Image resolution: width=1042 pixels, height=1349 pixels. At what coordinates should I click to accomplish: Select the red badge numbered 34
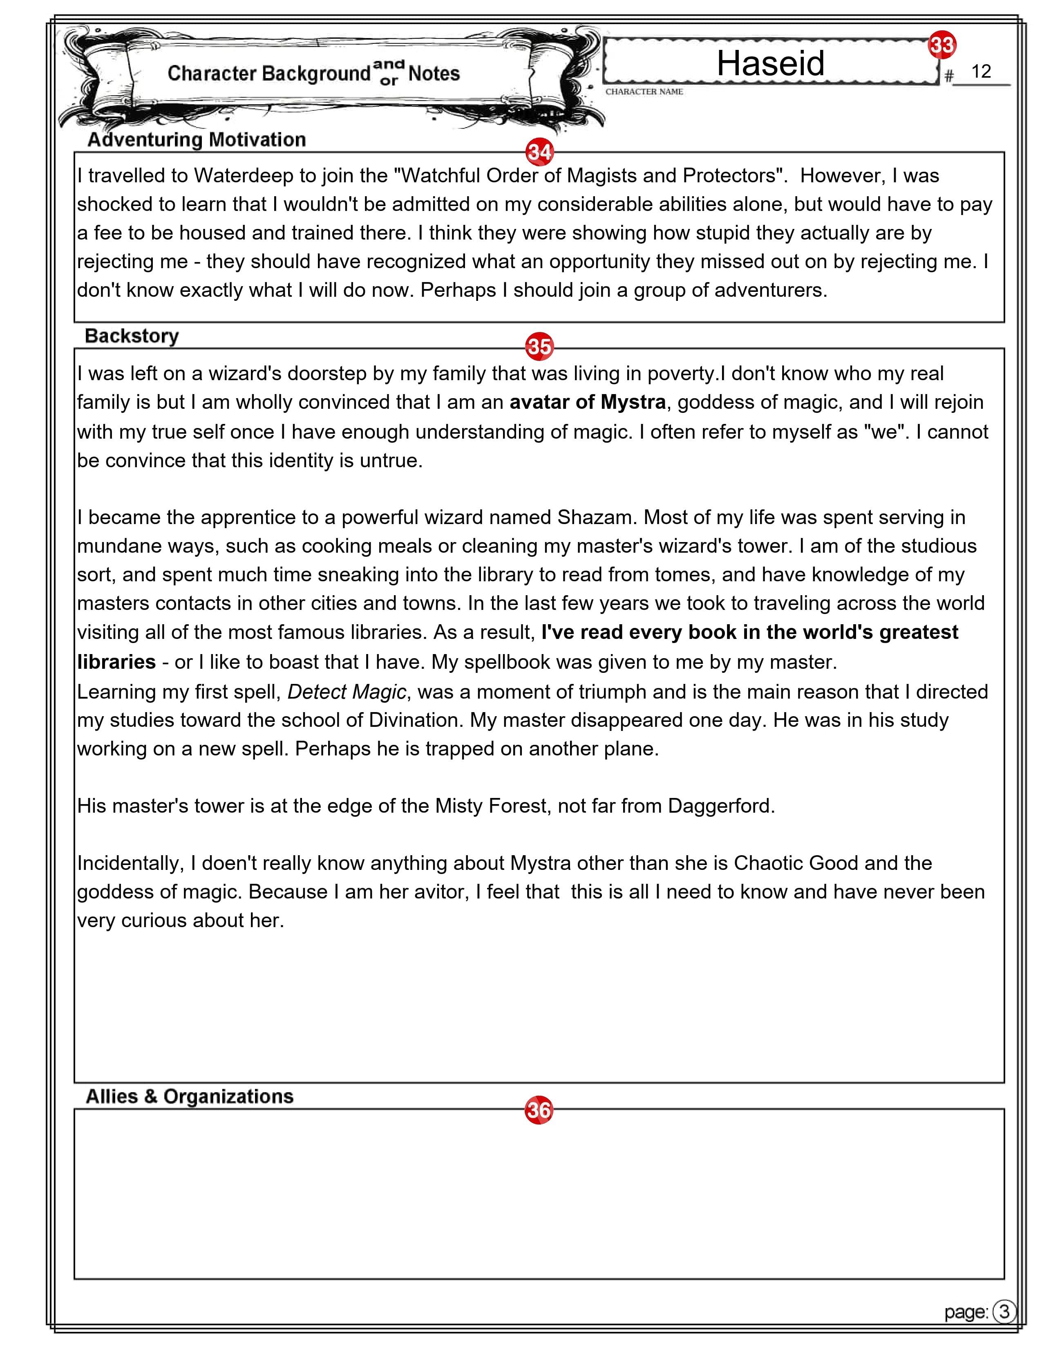click(x=539, y=152)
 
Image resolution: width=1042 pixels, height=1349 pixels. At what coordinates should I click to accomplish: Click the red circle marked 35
click(x=539, y=347)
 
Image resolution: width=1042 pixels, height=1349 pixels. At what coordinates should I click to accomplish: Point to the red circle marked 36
click(x=538, y=1110)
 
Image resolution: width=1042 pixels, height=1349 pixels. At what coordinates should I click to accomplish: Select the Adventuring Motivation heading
click(x=196, y=139)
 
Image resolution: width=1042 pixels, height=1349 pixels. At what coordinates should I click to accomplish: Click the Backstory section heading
click(x=132, y=336)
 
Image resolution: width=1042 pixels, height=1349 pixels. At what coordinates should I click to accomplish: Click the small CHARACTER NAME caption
click(x=644, y=92)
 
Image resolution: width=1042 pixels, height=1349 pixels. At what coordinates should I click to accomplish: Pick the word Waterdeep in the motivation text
click(x=244, y=176)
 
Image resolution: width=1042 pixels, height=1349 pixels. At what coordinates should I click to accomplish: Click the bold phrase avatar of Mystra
click(x=587, y=402)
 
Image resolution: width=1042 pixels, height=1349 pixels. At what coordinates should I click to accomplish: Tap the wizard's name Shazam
click(x=595, y=517)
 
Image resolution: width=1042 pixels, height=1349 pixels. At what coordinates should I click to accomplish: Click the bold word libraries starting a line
click(x=116, y=662)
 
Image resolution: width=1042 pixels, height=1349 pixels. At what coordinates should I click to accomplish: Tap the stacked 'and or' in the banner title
click(x=389, y=72)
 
